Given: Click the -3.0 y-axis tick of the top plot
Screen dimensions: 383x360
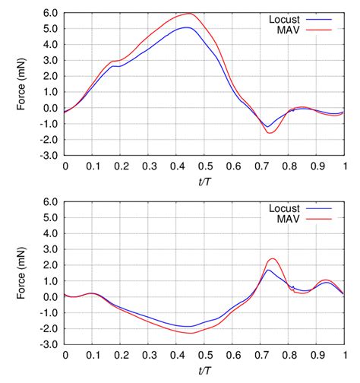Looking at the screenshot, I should coord(49,155).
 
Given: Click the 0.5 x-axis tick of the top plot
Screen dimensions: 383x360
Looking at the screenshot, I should coord(205,165).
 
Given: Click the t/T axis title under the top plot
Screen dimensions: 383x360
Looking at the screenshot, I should coord(205,180).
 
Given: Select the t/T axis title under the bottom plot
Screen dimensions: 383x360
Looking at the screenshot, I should coord(205,369).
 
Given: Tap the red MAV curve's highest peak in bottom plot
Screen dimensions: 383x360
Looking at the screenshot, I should coord(272,258).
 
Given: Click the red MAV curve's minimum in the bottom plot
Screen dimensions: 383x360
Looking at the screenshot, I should coord(191,333).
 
